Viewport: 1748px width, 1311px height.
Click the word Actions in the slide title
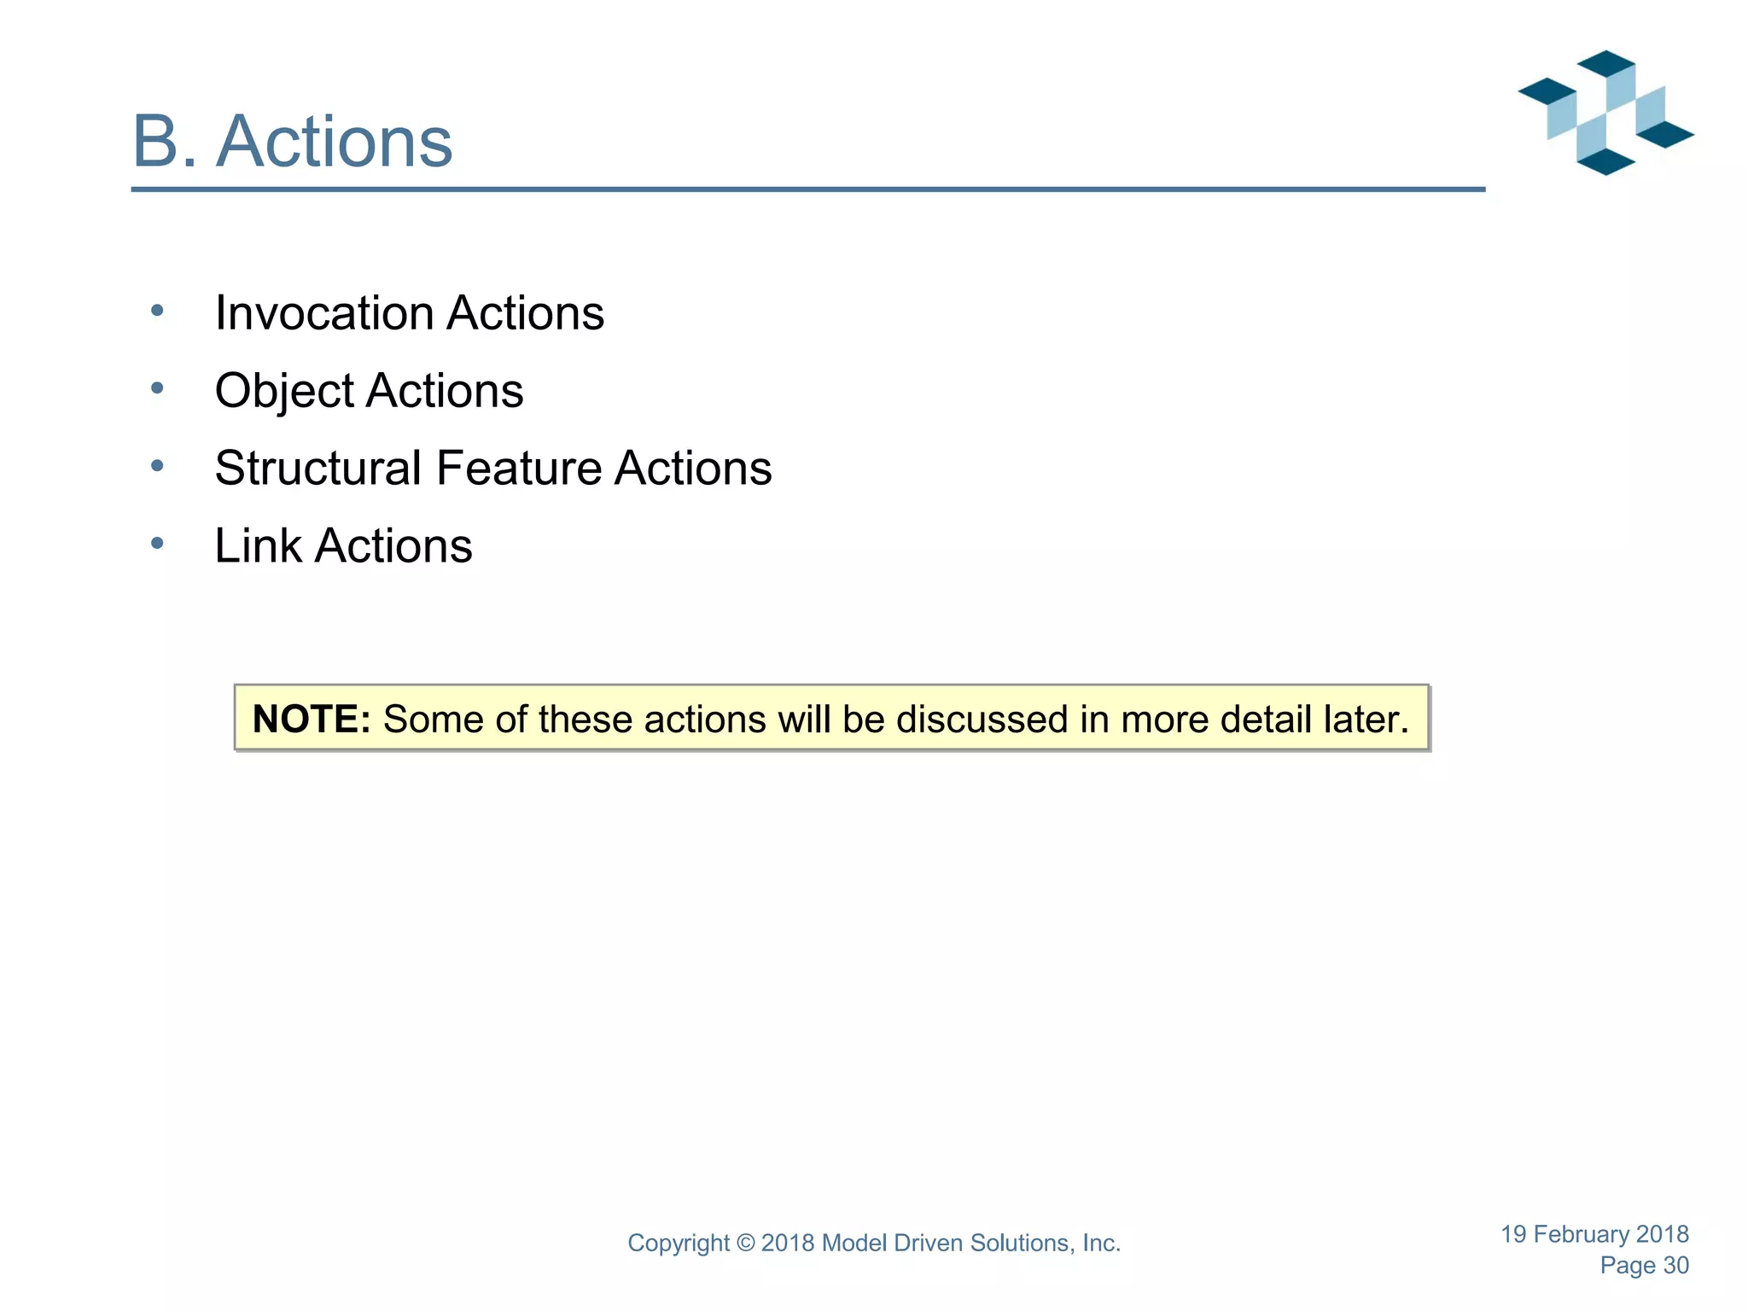click(x=335, y=142)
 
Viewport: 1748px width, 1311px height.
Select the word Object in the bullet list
click(x=284, y=392)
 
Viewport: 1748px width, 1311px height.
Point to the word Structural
click(x=318, y=469)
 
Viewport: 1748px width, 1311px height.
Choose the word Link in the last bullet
click(x=258, y=546)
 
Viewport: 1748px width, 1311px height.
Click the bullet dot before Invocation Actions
click(x=157, y=311)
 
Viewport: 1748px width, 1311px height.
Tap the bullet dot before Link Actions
click(x=157, y=543)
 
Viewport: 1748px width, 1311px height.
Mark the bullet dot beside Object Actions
click(x=157, y=388)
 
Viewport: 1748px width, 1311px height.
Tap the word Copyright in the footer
click(x=679, y=1244)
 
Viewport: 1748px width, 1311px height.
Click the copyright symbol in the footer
click(x=745, y=1244)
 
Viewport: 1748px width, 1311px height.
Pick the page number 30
click(x=1675, y=1266)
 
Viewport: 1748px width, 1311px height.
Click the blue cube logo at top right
click(x=1605, y=113)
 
